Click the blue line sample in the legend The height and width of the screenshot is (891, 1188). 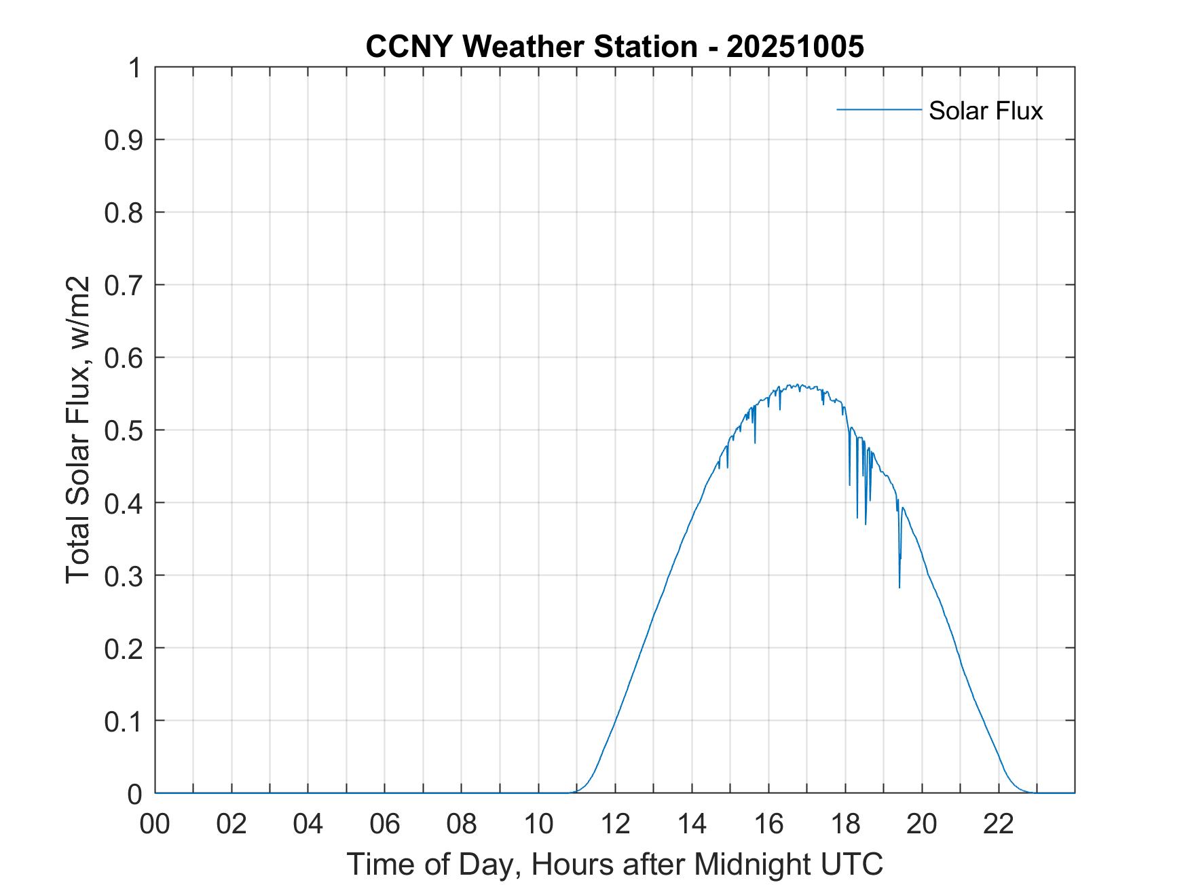(878, 109)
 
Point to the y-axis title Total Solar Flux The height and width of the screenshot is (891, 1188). (79, 430)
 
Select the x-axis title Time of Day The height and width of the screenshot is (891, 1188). (614, 864)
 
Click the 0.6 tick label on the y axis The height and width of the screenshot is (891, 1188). (124, 358)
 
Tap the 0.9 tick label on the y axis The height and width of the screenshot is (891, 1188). (124, 140)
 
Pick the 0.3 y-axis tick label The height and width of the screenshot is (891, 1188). (124, 575)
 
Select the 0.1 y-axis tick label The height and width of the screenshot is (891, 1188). (124, 721)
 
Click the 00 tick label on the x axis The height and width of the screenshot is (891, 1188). (155, 824)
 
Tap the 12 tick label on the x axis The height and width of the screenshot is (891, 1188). (615, 824)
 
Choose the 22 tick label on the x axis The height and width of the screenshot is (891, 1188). (999, 824)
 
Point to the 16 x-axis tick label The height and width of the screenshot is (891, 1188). (768, 824)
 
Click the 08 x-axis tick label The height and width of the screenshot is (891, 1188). (462, 824)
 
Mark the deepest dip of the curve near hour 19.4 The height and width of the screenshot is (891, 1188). (899, 587)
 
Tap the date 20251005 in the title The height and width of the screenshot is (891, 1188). (795, 47)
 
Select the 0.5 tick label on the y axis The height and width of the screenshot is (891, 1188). (124, 430)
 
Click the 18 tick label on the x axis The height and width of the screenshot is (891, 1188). (845, 824)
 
